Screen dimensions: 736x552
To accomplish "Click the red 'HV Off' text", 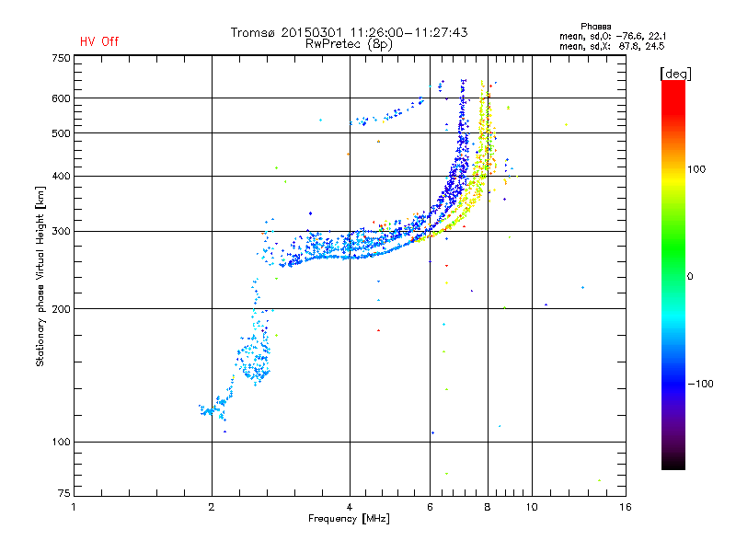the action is pyautogui.click(x=99, y=41).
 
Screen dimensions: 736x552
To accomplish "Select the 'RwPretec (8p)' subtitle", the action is pyautogui.click(x=349, y=44).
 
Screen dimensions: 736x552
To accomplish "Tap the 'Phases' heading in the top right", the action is pyautogui.click(x=595, y=27).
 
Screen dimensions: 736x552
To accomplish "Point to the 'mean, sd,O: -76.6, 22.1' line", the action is pyautogui.click(x=613, y=36).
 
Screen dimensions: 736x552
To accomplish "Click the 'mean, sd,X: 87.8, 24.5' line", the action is pyautogui.click(x=612, y=46).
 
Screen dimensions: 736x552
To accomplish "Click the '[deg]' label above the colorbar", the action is pyautogui.click(x=675, y=74).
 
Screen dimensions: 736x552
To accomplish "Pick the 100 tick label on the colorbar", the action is pyautogui.click(x=696, y=169).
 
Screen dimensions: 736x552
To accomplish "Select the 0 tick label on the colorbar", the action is pyautogui.click(x=690, y=276).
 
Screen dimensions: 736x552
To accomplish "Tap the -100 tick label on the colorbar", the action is pyautogui.click(x=700, y=384).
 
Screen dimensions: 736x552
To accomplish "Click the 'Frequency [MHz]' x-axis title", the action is pyautogui.click(x=349, y=519).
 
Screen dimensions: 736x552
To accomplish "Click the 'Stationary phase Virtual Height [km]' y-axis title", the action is pyautogui.click(x=40, y=276).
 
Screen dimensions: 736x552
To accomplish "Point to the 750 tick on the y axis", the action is pyautogui.click(x=61, y=58).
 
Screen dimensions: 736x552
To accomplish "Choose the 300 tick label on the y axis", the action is pyautogui.click(x=61, y=231).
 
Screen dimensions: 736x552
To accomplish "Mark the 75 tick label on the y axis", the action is pyautogui.click(x=64, y=493).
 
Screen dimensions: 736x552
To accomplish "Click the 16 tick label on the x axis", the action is pyautogui.click(x=626, y=507).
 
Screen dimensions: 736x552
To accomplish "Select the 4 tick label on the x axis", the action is pyautogui.click(x=350, y=507).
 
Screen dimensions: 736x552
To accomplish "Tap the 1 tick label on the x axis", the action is pyautogui.click(x=74, y=507).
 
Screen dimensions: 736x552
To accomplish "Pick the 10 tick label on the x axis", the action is pyautogui.click(x=532, y=507).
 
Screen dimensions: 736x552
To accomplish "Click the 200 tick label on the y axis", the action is pyautogui.click(x=61, y=309).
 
